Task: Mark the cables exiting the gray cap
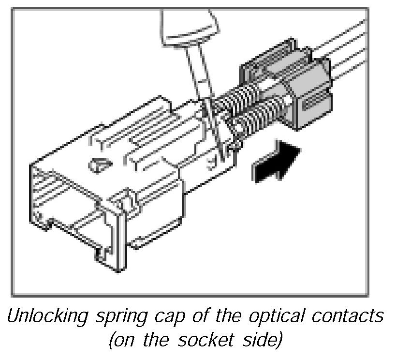pyautogui.click(x=348, y=44)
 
